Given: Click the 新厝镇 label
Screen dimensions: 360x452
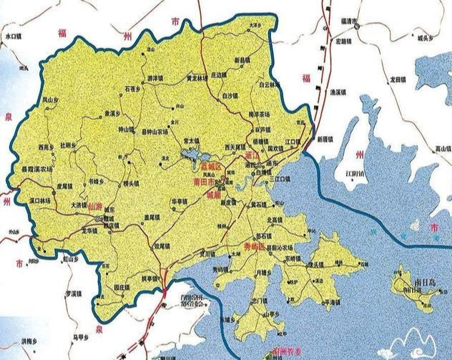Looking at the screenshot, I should click(x=325, y=137).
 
